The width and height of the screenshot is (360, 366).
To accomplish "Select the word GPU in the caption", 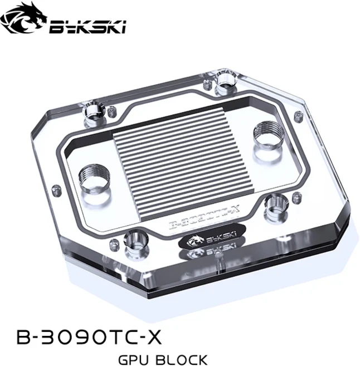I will coord(137,359).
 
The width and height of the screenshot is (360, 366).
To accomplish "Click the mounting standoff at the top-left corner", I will coord(95,114).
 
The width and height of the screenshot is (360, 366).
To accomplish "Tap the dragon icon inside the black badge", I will coord(192,241).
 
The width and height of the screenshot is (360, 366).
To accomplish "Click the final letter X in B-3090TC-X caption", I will coord(157,338).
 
